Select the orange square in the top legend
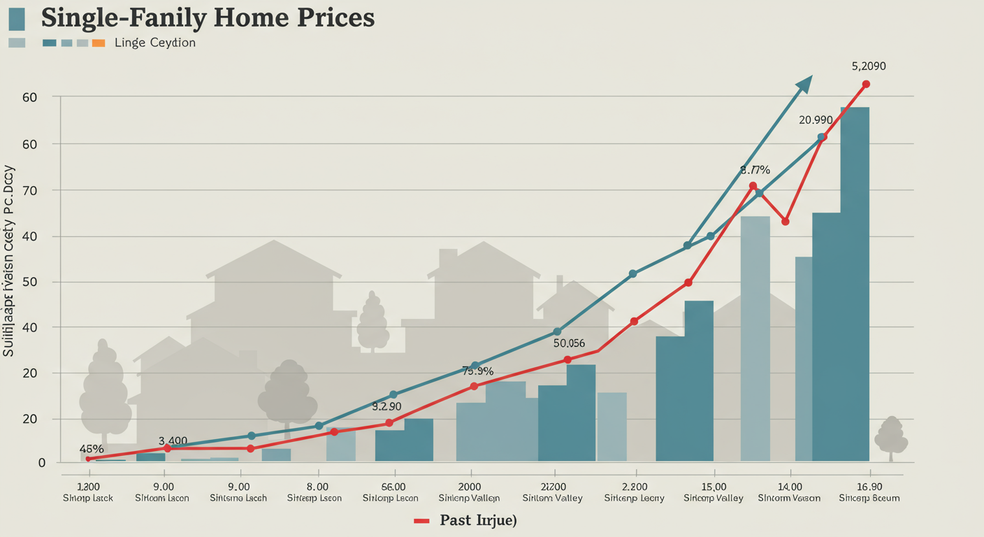click(x=99, y=43)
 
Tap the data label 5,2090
click(x=869, y=66)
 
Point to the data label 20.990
click(x=816, y=120)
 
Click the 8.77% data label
click(x=755, y=170)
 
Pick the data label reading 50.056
click(x=569, y=343)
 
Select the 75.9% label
click(x=478, y=371)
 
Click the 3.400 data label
click(x=173, y=441)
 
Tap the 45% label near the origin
click(x=92, y=449)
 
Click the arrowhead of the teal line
click(x=804, y=84)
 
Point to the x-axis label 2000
click(x=469, y=487)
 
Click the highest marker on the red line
click(x=866, y=84)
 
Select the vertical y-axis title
click(x=10, y=261)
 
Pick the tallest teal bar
click(x=855, y=284)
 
